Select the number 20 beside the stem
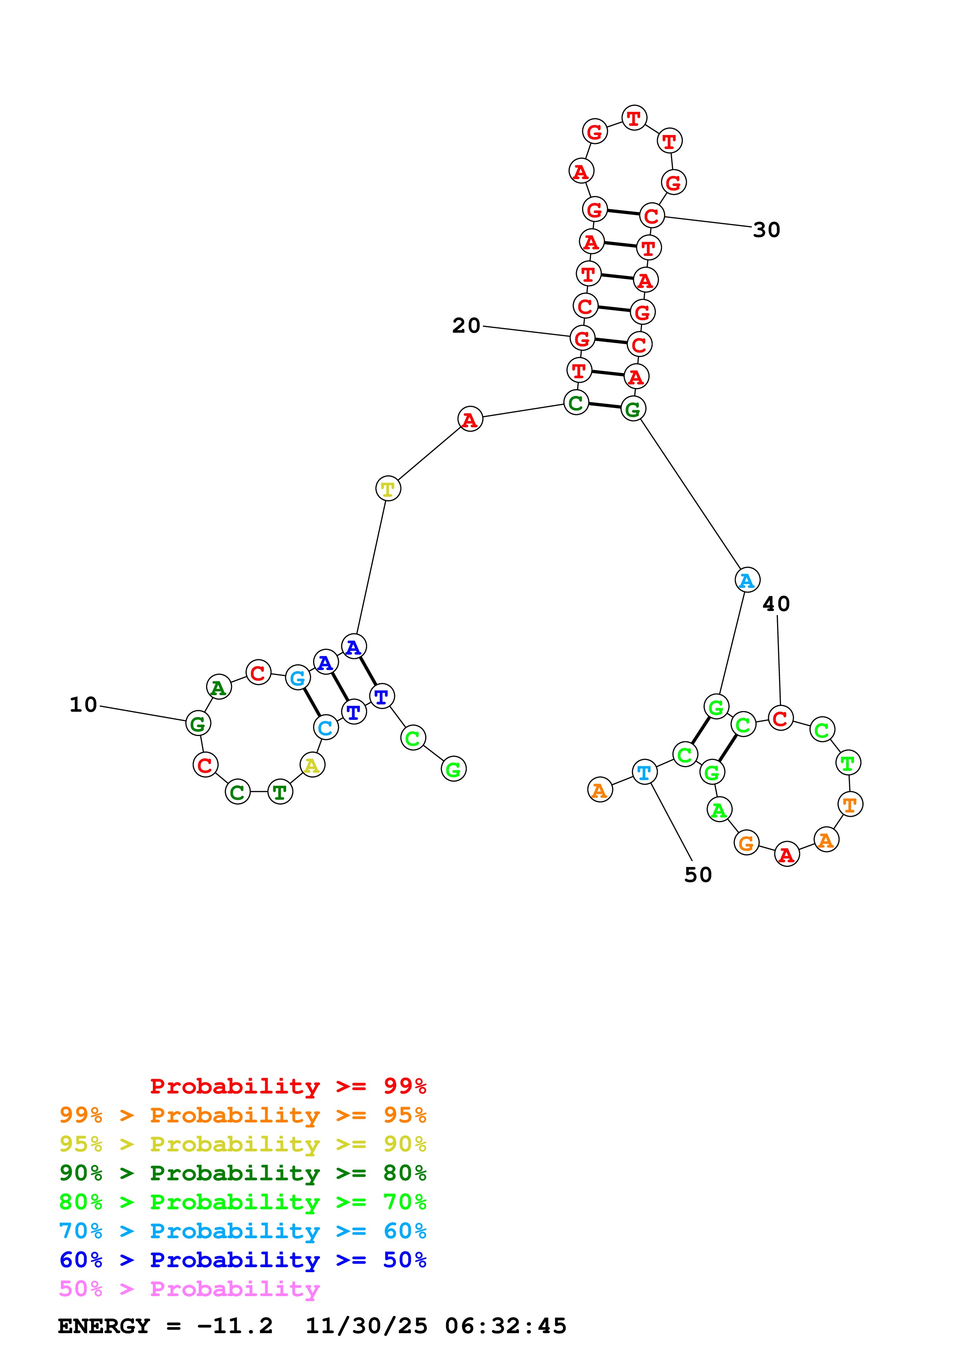pyautogui.click(x=466, y=325)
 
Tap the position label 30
pyautogui.click(x=767, y=230)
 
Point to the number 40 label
pyautogui.click(x=776, y=604)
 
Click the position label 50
pyautogui.click(x=698, y=875)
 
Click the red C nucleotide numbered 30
pyautogui.click(x=652, y=216)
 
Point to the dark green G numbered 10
pyautogui.click(x=198, y=723)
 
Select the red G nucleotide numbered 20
pyautogui.click(x=582, y=338)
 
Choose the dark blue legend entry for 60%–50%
pyautogui.click(x=242, y=1260)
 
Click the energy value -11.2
pyautogui.click(x=235, y=1326)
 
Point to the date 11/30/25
pyautogui.click(x=366, y=1326)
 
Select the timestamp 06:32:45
pyautogui.click(x=505, y=1326)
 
